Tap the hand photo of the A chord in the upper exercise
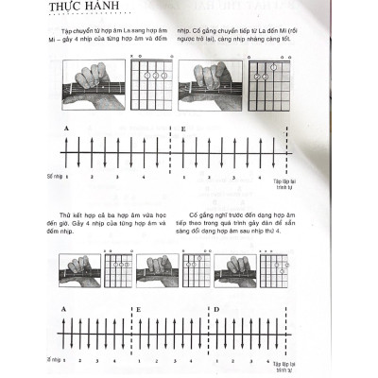(92, 82)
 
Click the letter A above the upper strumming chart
(67, 127)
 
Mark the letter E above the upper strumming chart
(183, 127)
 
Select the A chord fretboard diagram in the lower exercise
(119, 272)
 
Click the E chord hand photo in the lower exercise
(157, 272)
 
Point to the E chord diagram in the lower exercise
(197, 272)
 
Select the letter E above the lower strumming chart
(139, 309)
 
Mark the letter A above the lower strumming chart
(61, 309)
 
